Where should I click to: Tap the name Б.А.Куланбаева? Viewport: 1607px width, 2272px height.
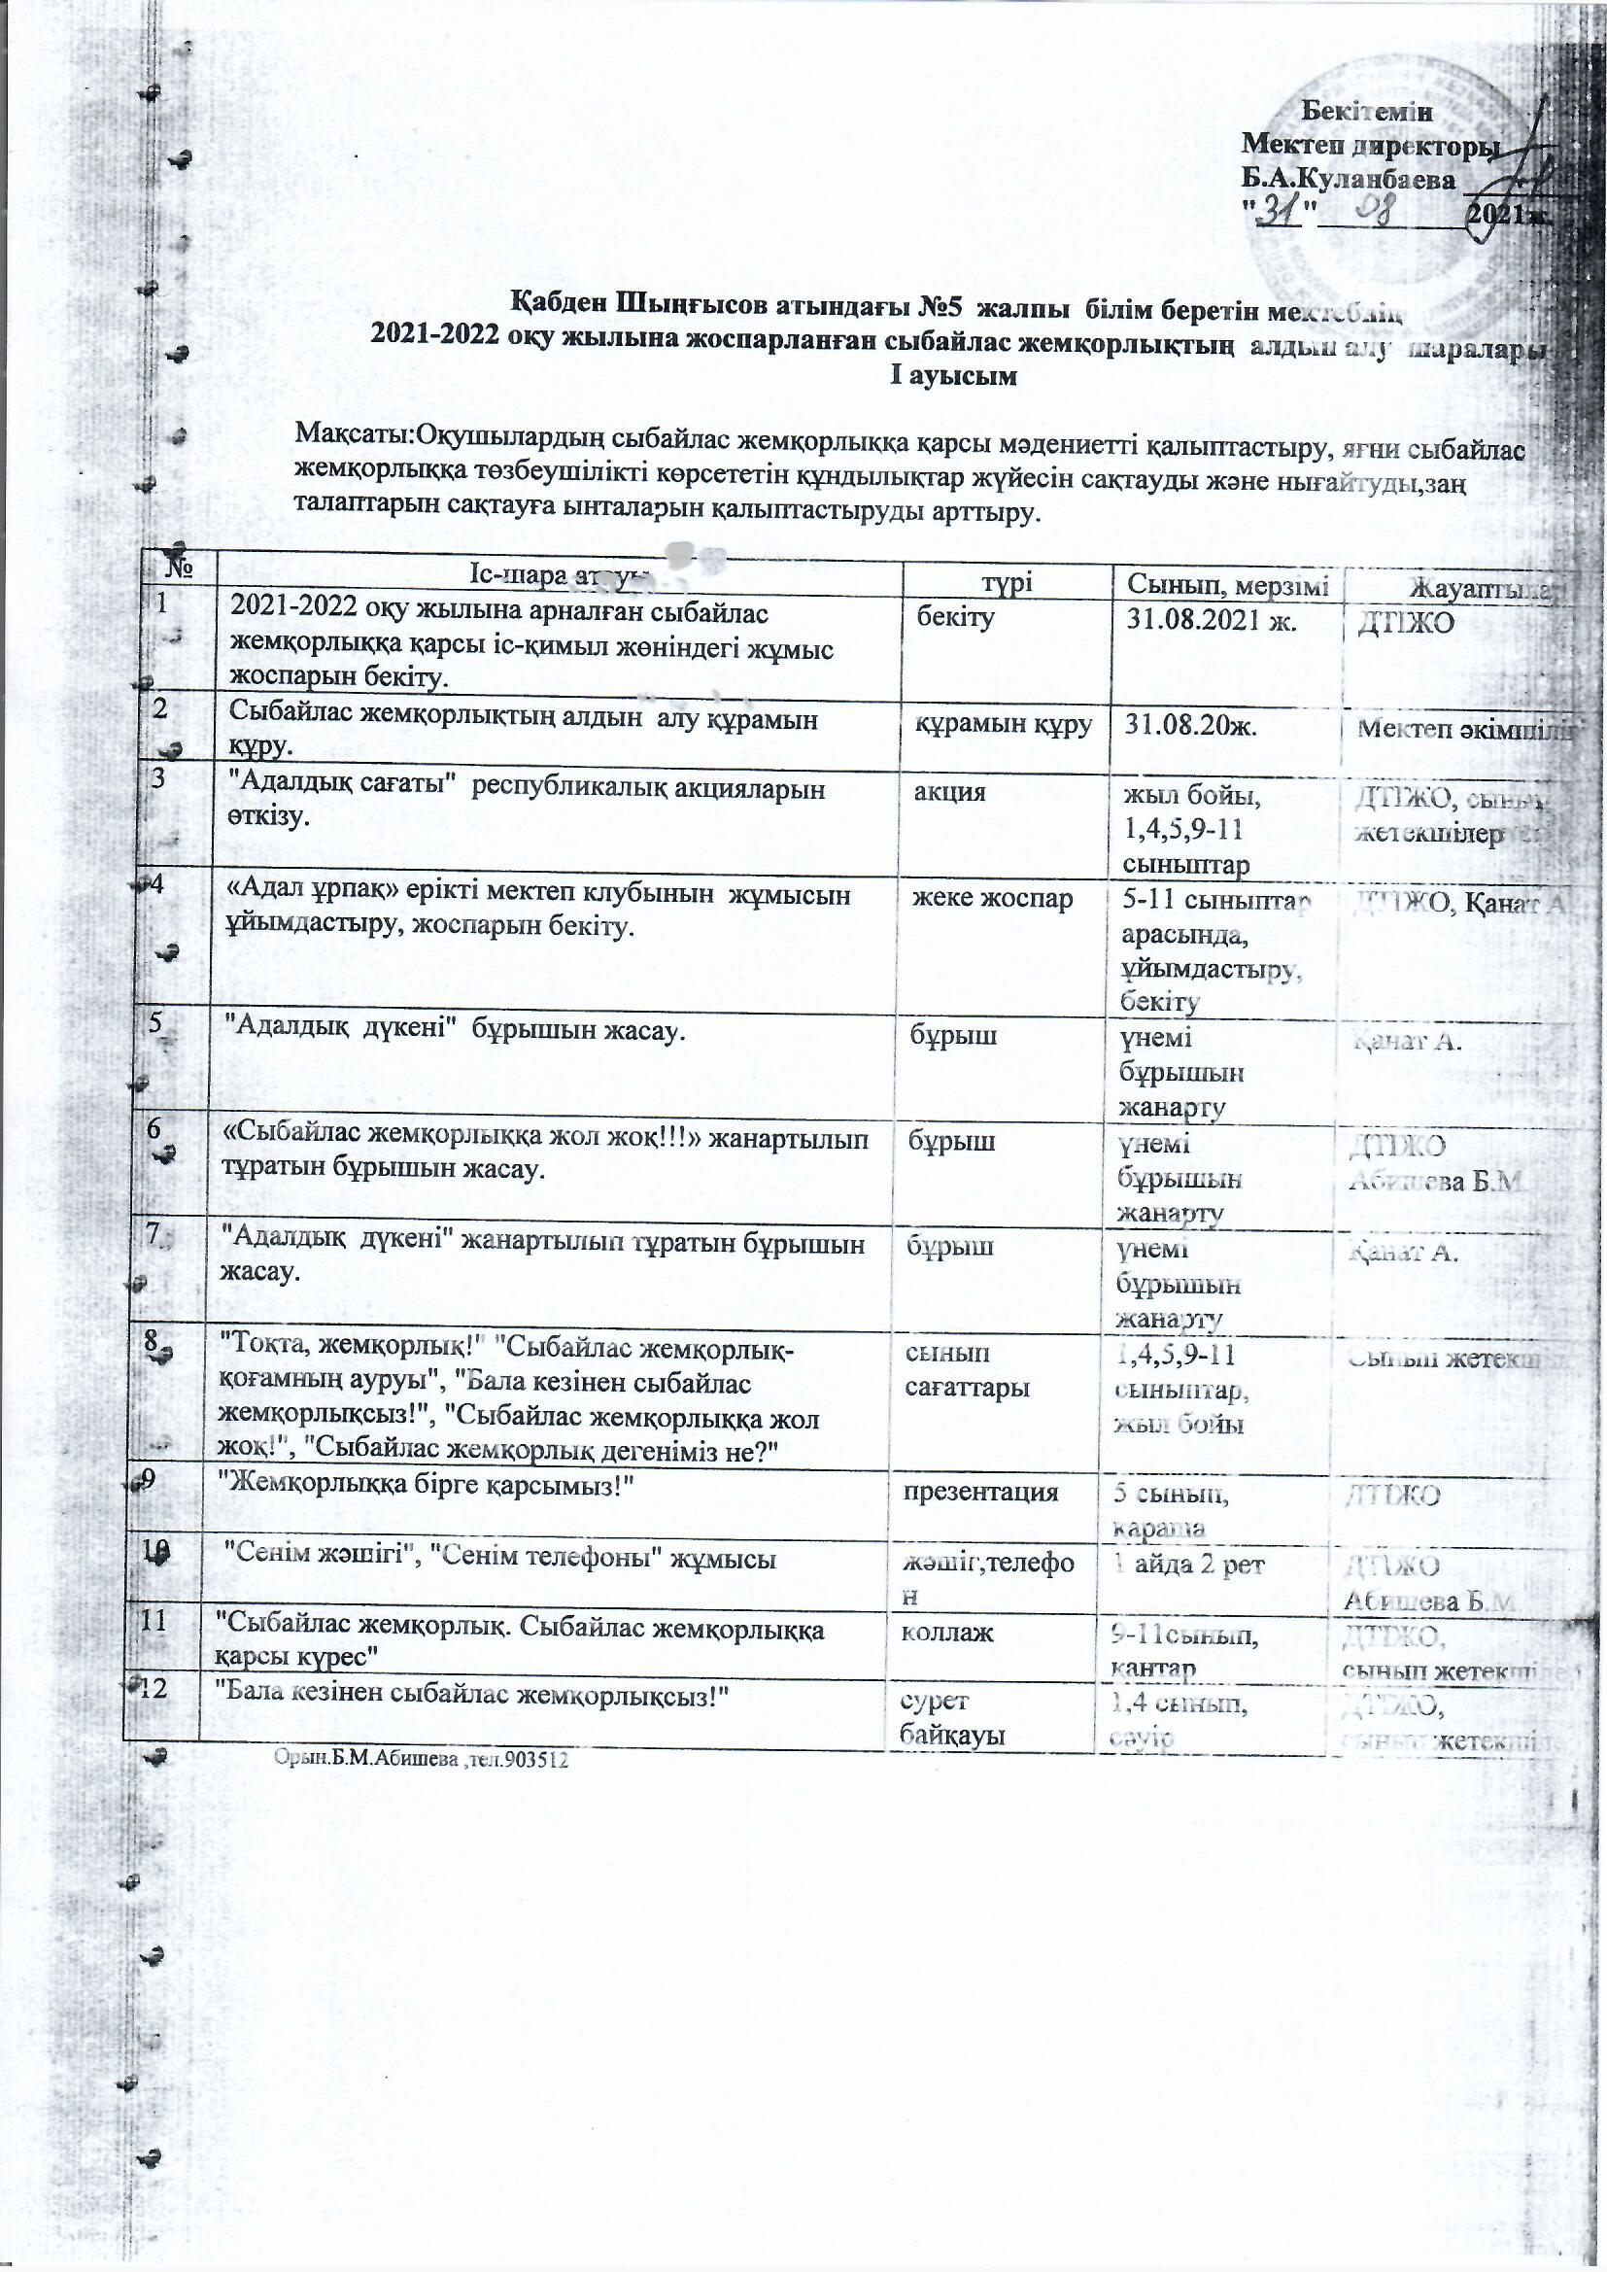(x=1350, y=180)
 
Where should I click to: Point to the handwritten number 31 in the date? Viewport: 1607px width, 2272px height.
(x=1282, y=210)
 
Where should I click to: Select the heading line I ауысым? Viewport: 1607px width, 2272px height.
(x=955, y=377)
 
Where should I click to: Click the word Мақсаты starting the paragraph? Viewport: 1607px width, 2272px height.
(x=353, y=433)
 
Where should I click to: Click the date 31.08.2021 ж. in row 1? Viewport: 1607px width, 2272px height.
(x=1214, y=620)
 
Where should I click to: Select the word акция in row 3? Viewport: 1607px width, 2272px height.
(x=952, y=792)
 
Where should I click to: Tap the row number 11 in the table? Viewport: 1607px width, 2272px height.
(x=154, y=1622)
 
